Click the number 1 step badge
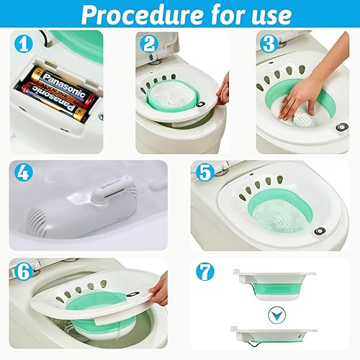click(25, 45)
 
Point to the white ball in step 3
click(306, 114)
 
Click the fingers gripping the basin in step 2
click(224, 90)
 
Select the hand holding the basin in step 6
click(159, 288)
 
